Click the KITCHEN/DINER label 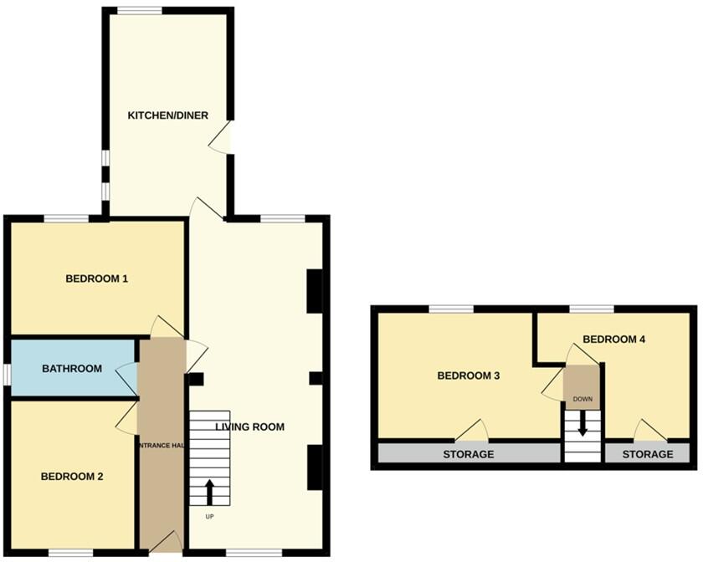pyautogui.click(x=167, y=115)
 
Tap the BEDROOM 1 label pyautogui.click(x=96, y=278)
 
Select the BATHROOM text pyautogui.click(x=72, y=369)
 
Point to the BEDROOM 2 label pyautogui.click(x=72, y=477)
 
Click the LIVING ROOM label pyautogui.click(x=249, y=427)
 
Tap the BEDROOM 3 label pyautogui.click(x=469, y=376)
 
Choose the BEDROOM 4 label pyautogui.click(x=613, y=340)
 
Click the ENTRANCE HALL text pyautogui.click(x=162, y=446)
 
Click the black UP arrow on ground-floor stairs pyautogui.click(x=209, y=491)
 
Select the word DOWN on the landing pyautogui.click(x=582, y=399)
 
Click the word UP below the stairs pyautogui.click(x=209, y=516)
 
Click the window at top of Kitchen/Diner pyautogui.click(x=139, y=10)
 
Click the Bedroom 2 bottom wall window pyautogui.click(x=70, y=552)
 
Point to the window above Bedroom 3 pyautogui.click(x=451, y=309)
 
